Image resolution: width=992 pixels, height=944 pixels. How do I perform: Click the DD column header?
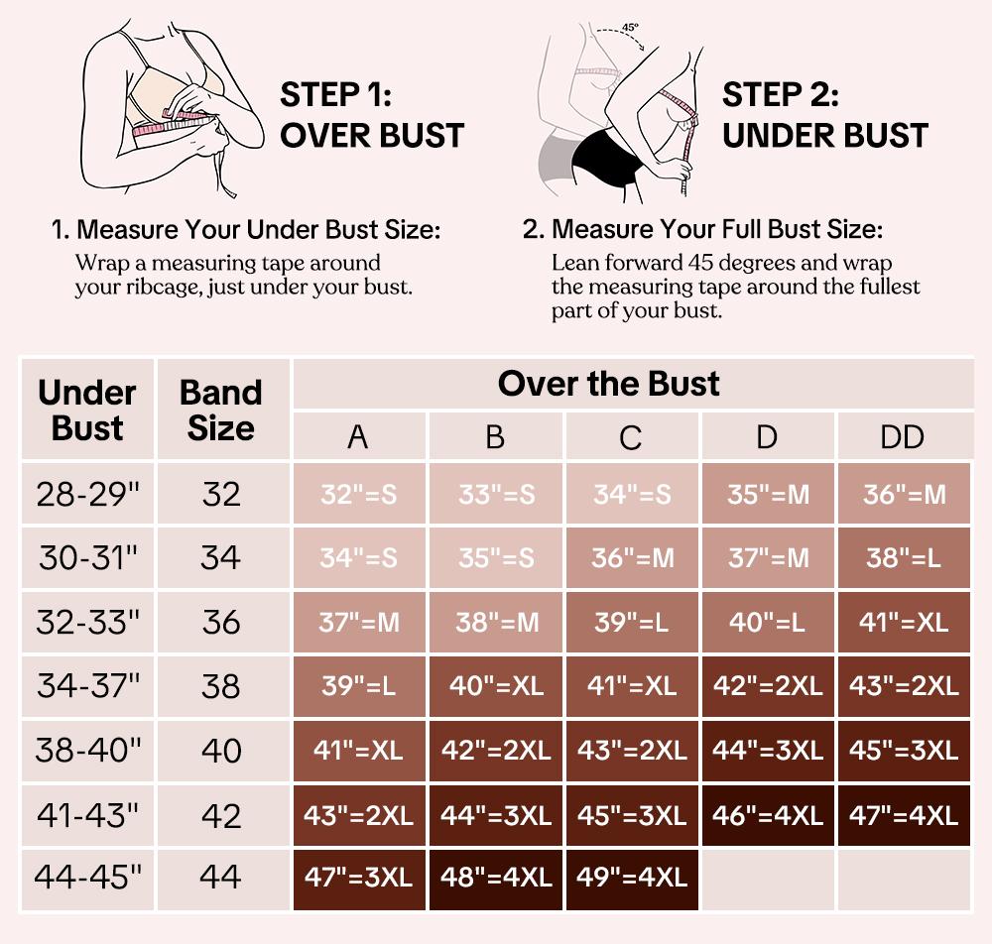click(x=903, y=437)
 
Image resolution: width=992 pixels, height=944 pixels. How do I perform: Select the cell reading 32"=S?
click(x=358, y=494)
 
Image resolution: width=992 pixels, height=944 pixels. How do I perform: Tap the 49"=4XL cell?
click(x=632, y=877)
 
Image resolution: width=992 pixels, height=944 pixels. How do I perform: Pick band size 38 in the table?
click(x=220, y=686)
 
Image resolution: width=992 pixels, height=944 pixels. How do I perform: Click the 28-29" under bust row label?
click(x=87, y=494)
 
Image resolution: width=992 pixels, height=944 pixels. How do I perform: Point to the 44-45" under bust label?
click(x=87, y=877)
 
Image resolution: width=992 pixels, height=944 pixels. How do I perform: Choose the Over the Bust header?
click(x=608, y=384)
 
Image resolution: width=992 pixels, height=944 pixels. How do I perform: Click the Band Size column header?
click(x=220, y=410)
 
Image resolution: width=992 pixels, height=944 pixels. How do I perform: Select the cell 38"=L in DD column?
click(x=903, y=558)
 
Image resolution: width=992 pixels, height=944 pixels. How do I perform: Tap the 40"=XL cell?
click(x=495, y=686)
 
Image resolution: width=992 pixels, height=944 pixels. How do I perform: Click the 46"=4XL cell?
click(x=767, y=815)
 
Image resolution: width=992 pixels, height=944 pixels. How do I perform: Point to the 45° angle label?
click(x=631, y=28)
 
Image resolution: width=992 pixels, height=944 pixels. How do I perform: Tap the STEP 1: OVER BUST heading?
click(x=372, y=115)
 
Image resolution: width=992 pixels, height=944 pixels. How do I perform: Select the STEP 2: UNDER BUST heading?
click(x=824, y=115)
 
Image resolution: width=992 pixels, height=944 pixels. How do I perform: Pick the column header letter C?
click(x=631, y=437)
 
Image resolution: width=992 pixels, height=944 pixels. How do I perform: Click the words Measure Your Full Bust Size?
click(x=715, y=230)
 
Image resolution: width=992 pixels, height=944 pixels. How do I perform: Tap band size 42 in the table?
click(x=220, y=815)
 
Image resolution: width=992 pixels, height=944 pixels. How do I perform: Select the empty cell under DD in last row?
click(x=903, y=877)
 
